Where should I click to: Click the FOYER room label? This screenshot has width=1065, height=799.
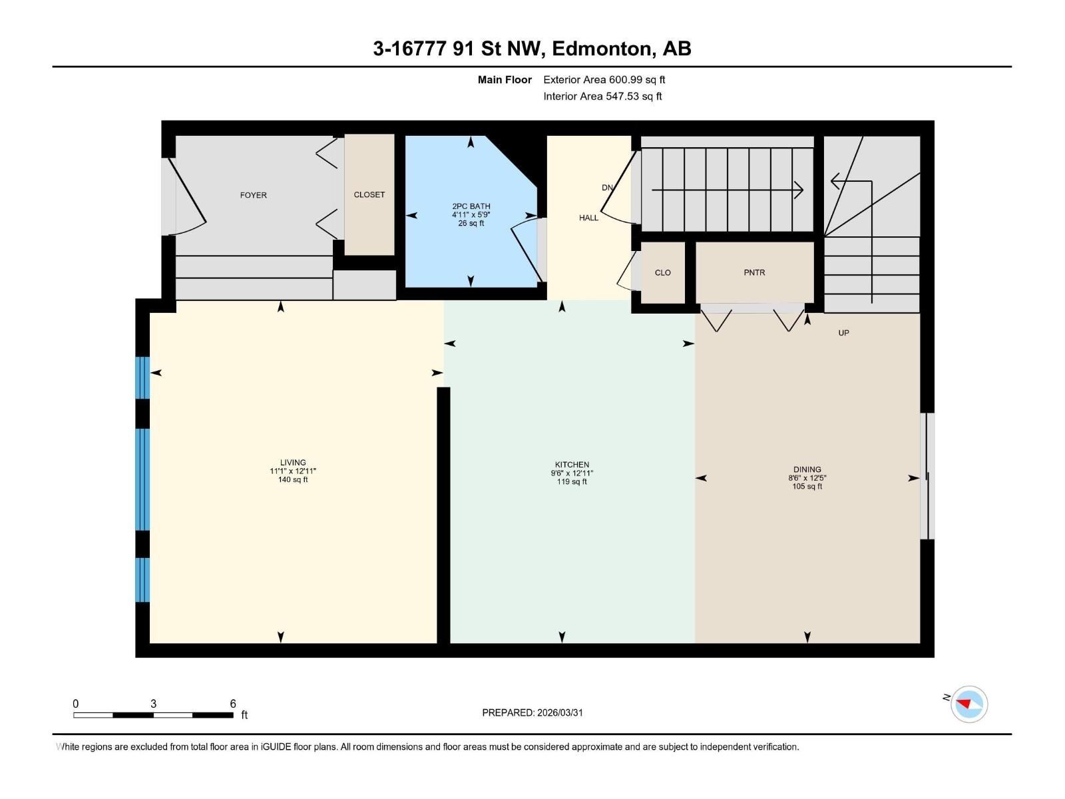(x=253, y=195)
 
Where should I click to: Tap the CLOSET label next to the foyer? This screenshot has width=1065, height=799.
(x=369, y=194)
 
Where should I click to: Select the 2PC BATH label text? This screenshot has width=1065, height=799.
(x=471, y=206)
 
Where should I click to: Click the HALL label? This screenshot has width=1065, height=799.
(x=588, y=218)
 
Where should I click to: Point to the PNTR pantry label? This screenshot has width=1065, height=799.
(x=754, y=272)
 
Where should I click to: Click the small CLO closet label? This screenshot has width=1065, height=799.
(x=662, y=272)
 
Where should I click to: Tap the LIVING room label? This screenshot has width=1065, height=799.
(x=293, y=462)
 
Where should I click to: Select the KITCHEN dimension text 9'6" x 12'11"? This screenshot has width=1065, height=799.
(x=572, y=473)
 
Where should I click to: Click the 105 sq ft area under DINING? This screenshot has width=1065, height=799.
(x=807, y=487)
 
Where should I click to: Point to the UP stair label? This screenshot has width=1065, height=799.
(x=843, y=333)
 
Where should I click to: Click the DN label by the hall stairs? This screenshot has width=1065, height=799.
(x=607, y=188)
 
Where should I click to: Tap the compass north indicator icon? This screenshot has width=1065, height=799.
(x=968, y=704)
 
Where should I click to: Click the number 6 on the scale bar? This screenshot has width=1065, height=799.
(x=233, y=704)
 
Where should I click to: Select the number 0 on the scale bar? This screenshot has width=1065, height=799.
(x=76, y=704)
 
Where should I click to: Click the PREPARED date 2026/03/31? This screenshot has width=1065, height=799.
(x=559, y=712)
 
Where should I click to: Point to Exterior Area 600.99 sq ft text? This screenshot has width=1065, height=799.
(x=604, y=80)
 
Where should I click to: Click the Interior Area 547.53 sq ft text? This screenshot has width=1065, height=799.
(x=602, y=97)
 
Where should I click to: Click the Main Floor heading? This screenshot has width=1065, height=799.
(x=505, y=80)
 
